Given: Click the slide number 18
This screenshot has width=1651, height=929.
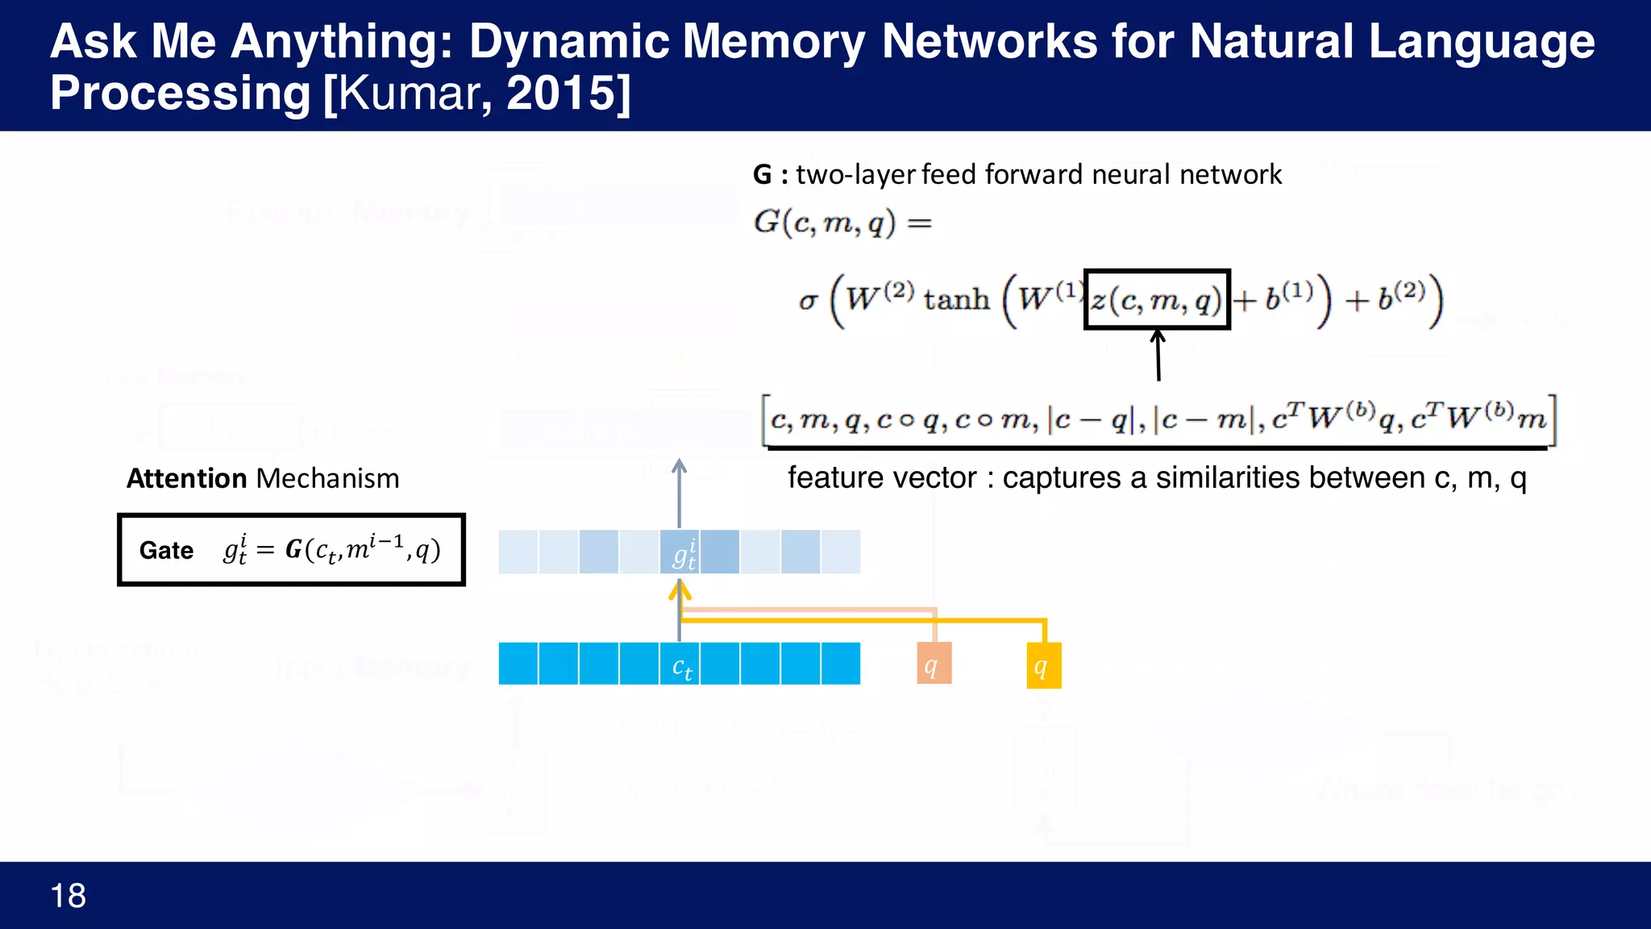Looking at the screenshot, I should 68,896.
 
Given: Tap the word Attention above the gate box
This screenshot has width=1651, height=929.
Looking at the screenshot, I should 186,478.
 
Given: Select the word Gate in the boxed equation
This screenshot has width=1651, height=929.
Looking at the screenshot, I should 166,550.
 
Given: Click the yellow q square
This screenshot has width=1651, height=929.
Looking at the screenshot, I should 1043,665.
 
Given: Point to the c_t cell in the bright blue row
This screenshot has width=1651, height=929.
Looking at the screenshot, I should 680,664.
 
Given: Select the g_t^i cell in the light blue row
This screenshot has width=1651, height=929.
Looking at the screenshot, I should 680,552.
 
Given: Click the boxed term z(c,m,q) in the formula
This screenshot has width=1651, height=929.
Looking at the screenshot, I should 1156,300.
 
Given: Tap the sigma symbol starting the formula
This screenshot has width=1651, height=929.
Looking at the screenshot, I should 808,301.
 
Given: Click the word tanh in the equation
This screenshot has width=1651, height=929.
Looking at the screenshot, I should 956,300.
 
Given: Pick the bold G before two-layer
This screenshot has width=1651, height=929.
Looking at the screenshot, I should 762,175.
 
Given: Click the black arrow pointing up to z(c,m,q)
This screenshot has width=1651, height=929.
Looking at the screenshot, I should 1158,355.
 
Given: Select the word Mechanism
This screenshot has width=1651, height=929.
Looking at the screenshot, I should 327,478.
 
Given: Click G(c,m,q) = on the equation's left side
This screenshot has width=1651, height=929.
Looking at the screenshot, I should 842,223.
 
